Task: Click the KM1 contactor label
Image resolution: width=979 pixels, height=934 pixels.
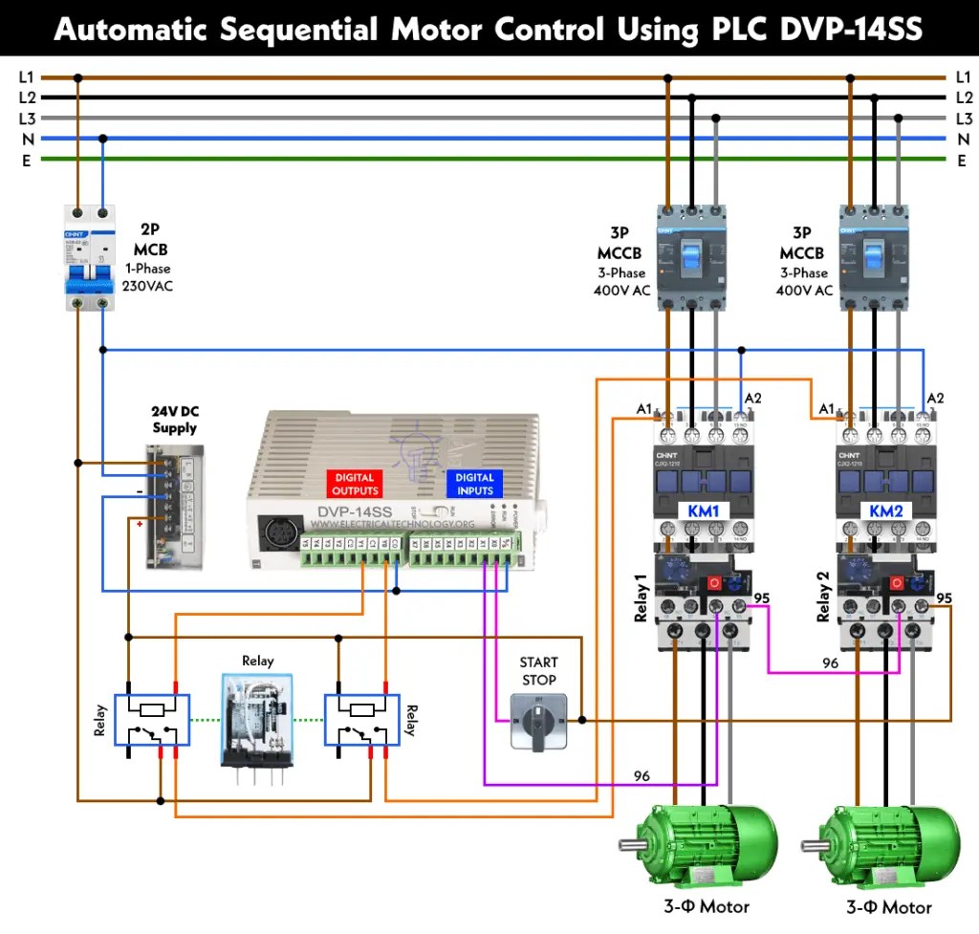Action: [x=703, y=511]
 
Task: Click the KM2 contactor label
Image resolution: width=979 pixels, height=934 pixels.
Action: [x=885, y=511]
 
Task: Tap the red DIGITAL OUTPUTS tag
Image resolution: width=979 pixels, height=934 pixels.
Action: [x=355, y=484]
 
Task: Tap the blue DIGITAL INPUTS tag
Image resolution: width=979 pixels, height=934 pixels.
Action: [x=474, y=484]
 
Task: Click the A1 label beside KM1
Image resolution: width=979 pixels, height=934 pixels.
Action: [x=644, y=409]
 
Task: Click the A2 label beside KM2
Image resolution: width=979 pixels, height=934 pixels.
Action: [x=935, y=398]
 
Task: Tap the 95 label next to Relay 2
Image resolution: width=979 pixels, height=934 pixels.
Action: [x=944, y=598]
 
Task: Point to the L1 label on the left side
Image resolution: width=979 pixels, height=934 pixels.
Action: [x=26, y=76]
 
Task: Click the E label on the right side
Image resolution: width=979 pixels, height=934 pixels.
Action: [x=962, y=161]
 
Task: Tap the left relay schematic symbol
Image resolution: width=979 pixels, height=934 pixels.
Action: [x=151, y=720]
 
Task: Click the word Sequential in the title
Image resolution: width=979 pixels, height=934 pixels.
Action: [x=296, y=30]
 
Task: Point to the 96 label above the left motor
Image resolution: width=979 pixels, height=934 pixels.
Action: [x=642, y=776]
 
